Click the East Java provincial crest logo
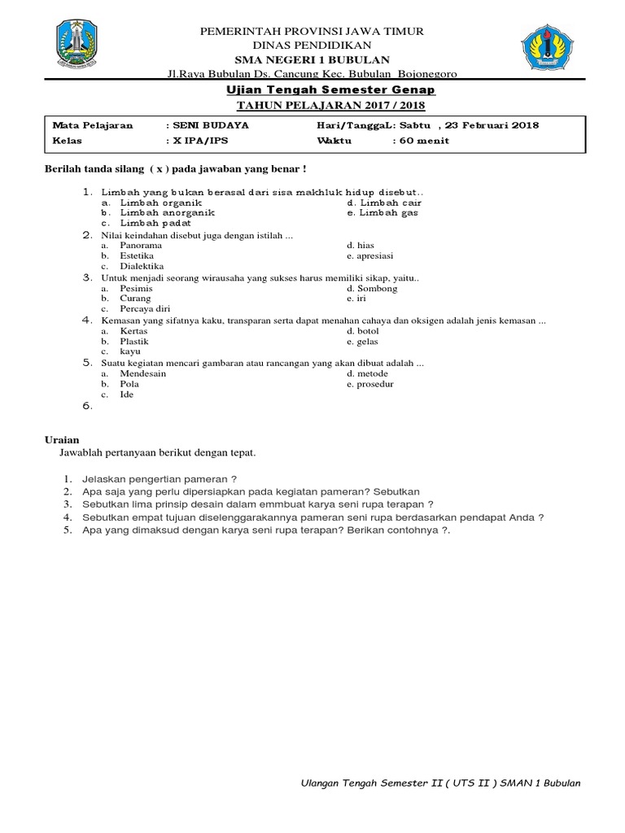click(77, 44)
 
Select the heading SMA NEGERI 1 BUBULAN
click(312, 59)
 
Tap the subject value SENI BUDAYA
click(209, 125)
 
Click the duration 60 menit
click(423, 140)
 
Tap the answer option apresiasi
click(375, 255)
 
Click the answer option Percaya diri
click(145, 309)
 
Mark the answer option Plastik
click(134, 342)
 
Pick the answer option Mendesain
click(143, 373)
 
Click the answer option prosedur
click(375, 384)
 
